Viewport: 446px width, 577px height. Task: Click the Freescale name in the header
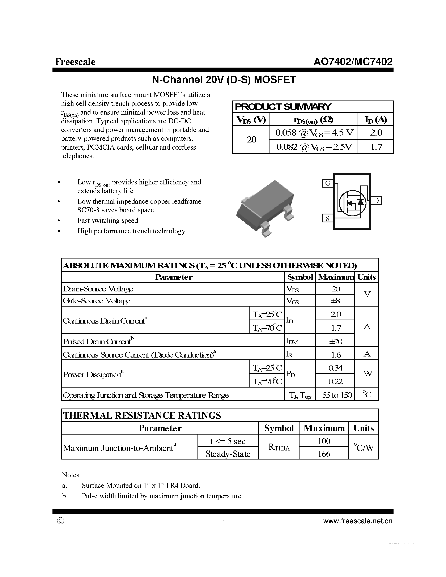coord(75,62)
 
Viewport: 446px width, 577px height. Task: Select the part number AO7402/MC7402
coord(353,62)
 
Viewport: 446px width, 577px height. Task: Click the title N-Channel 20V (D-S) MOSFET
coord(224,80)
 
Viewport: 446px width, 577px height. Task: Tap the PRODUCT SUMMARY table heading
coord(283,107)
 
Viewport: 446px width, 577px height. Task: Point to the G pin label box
coord(328,183)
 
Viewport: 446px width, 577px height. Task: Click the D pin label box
coord(376,201)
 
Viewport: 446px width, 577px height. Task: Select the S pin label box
coord(328,218)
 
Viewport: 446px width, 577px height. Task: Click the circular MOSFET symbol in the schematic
coord(352,203)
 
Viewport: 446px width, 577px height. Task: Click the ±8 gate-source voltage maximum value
coord(336,301)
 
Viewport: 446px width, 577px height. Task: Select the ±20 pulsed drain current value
coord(336,341)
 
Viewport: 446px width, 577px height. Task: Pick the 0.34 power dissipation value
coord(336,367)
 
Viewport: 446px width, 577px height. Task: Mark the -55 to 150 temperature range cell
coord(336,395)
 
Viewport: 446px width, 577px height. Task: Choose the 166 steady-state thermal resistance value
coord(324,454)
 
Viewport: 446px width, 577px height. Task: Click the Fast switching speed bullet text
coord(107,220)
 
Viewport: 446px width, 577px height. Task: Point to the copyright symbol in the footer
coord(60,521)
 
